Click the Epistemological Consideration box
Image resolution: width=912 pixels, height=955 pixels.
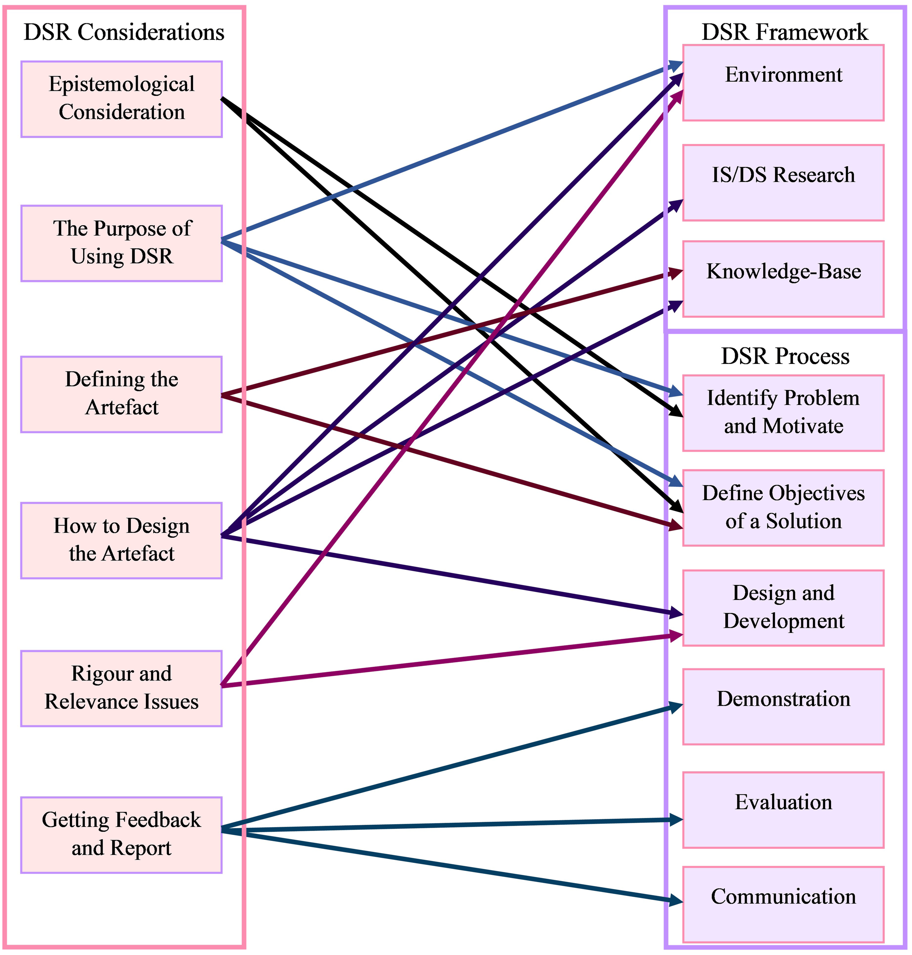point(122,99)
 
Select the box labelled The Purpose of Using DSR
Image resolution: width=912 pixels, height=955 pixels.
point(122,243)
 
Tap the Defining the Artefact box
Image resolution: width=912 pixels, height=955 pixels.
point(122,394)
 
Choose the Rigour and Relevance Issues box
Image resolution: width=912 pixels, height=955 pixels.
point(122,688)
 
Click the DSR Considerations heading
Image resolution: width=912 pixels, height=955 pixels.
point(124,32)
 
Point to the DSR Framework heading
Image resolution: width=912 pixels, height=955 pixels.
point(784,32)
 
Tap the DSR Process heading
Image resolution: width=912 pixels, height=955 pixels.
point(785,356)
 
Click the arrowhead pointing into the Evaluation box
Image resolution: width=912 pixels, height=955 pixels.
point(676,820)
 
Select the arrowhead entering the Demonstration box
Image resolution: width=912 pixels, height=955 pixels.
point(676,706)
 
